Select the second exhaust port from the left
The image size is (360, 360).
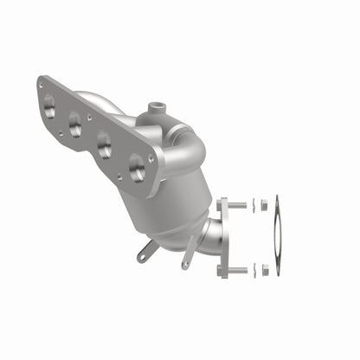click(x=75, y=126)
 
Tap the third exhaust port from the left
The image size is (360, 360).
click(x=105, y=147)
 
